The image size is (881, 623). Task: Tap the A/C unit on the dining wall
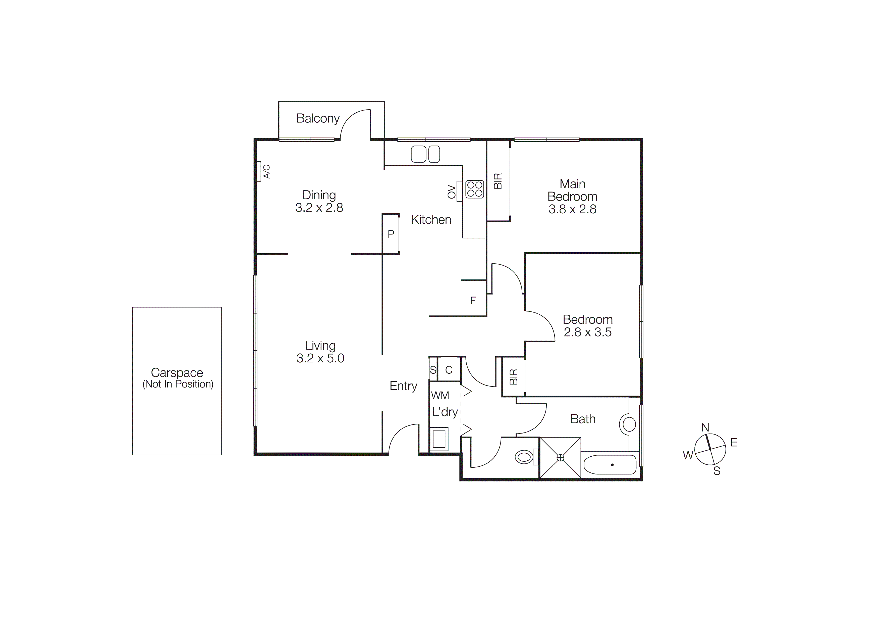[x=259, y=171]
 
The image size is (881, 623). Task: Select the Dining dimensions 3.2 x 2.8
[x=319, y=208]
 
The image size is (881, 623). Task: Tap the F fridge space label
[x=473, y=301]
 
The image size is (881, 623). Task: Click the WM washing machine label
[x=440, y=395]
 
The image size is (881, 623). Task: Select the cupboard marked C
[x=449, y=370]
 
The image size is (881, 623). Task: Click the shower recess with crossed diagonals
[x=560, y=458]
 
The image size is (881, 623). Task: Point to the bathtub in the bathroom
[x=610, y=465]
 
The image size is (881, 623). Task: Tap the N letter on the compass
[x=705, y=427]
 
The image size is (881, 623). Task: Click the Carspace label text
[x=177, y=372]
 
